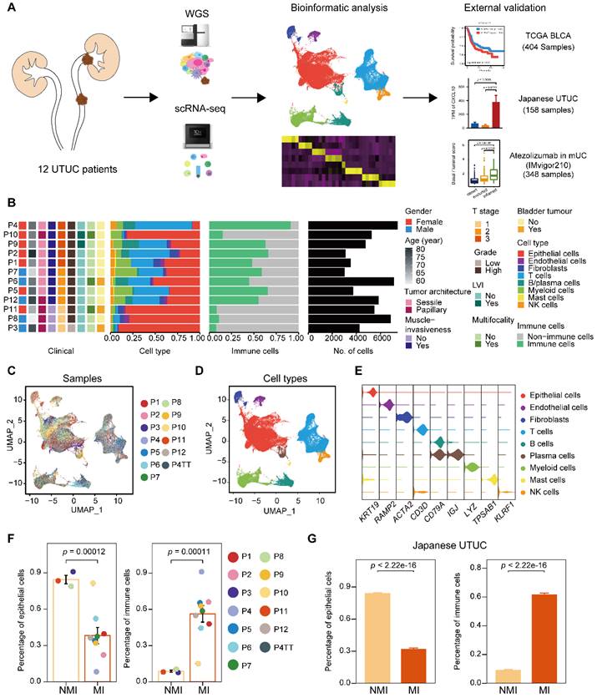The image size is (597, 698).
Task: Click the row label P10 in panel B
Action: click(x=11, y=234)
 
